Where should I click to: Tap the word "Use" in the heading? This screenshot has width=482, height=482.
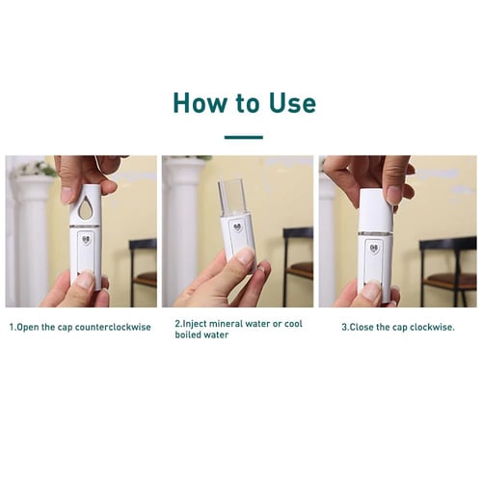pyautogui.click(x=289, y=102)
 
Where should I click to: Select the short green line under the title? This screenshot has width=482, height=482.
pyautogui.click(x=243, y=137)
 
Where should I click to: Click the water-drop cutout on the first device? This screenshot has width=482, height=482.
pyautogui.click(x=88, y=207)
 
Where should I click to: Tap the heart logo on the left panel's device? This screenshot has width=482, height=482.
pyautogui.click(x=87, y=241)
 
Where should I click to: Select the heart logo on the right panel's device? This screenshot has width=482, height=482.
pyautogui.click(x=374, y=246)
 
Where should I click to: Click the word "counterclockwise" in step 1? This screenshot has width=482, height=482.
pyautogui.click(x=113, y=327)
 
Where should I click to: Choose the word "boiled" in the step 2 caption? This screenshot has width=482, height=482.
pyautogui.click(x=189, y=335)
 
